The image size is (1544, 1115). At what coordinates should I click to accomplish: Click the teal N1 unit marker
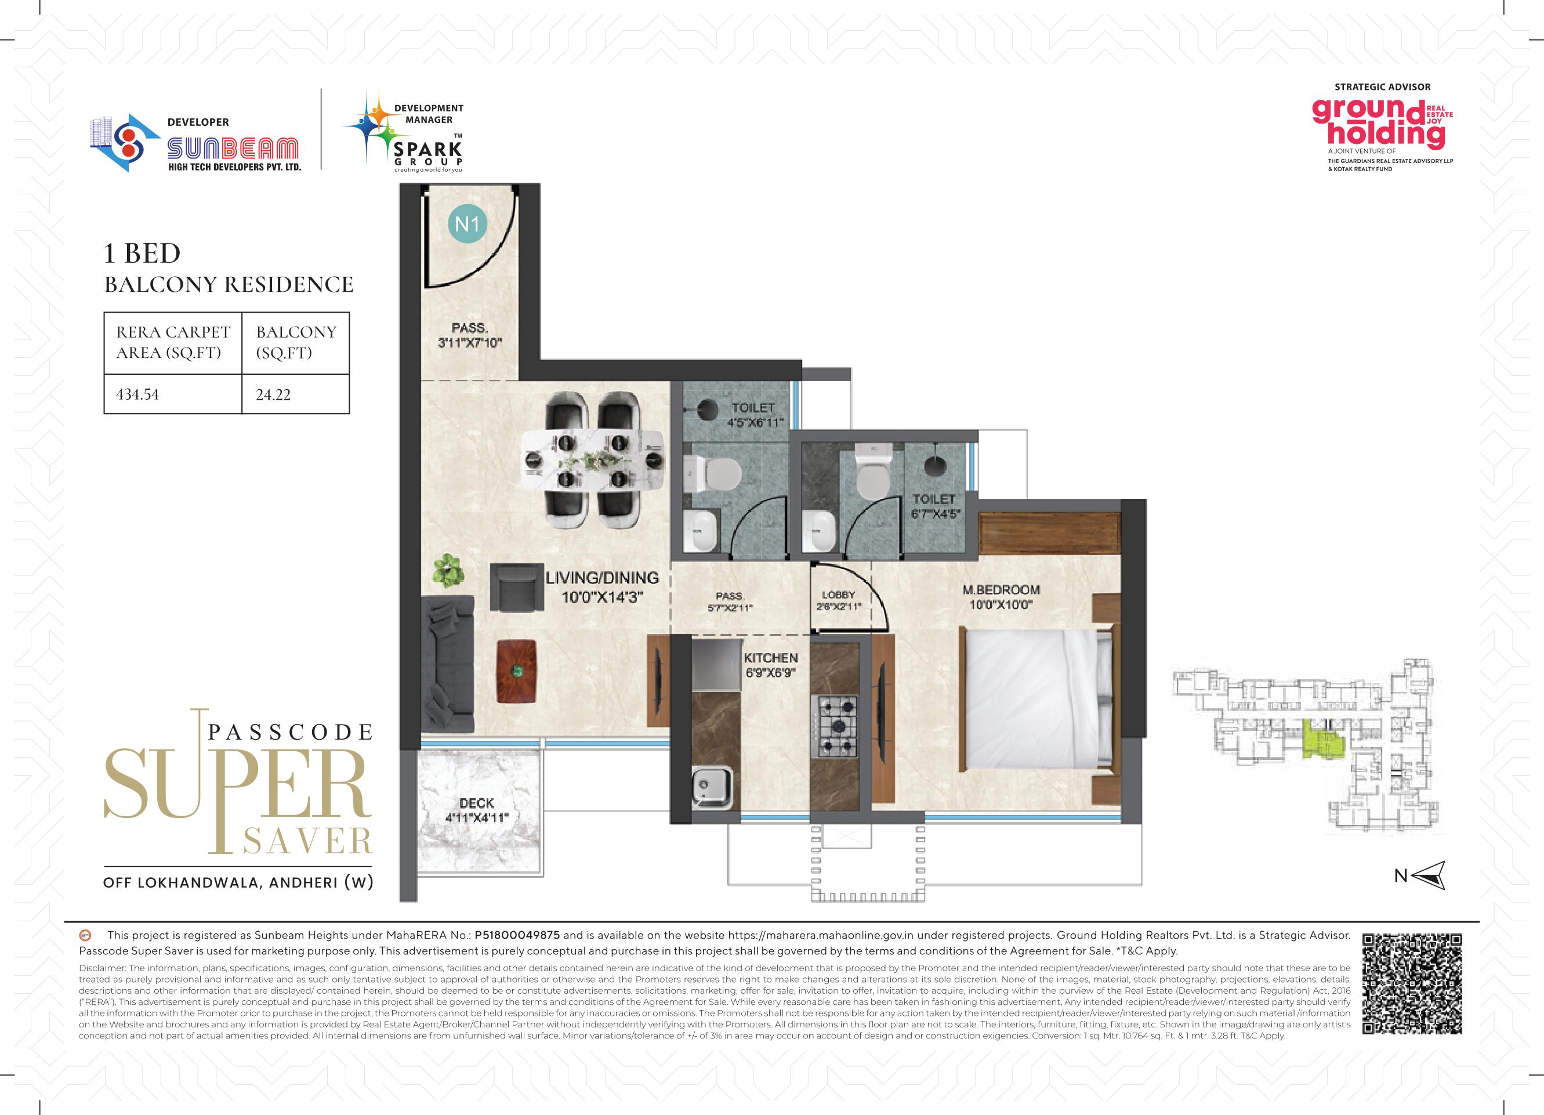pos(467,224)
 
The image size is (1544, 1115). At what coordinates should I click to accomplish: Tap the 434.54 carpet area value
pos(137,394)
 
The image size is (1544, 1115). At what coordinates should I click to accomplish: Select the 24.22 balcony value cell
pos(295,393)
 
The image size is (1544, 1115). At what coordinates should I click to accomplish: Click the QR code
pos(1412,984)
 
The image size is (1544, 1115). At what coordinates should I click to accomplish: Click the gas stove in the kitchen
pos(835,726)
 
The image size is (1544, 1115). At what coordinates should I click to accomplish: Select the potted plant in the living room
pos(448,570)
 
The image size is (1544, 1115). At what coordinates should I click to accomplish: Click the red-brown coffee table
pos(516,671)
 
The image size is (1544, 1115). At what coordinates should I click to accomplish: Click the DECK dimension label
pos(477,810)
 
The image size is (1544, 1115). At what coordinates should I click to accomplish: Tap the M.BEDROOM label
pos(1001,590)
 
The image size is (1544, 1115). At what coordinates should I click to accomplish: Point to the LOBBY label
pos(838,595)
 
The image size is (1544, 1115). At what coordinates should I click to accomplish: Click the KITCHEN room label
pos(771,658)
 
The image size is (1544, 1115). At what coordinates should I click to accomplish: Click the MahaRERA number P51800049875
pos(517,935)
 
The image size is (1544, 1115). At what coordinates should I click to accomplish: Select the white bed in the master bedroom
pos(1037,698)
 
